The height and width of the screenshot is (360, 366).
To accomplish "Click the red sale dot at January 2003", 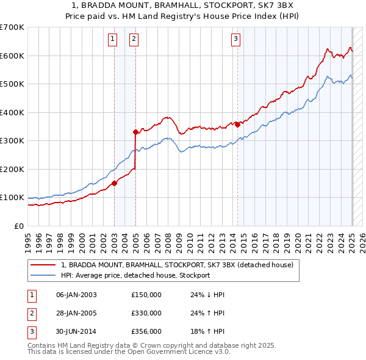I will pos(114,183).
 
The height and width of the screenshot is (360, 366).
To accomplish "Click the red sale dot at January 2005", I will pos(135,132).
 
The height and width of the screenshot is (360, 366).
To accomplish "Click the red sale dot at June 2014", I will pos(237,124).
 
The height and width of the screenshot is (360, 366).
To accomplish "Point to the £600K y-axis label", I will pos(12,56).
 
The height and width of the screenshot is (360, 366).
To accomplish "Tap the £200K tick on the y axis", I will pos(12,169).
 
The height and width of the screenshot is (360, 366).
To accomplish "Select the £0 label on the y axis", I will pos(19,226).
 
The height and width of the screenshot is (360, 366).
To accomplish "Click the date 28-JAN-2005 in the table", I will pos(76,313).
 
